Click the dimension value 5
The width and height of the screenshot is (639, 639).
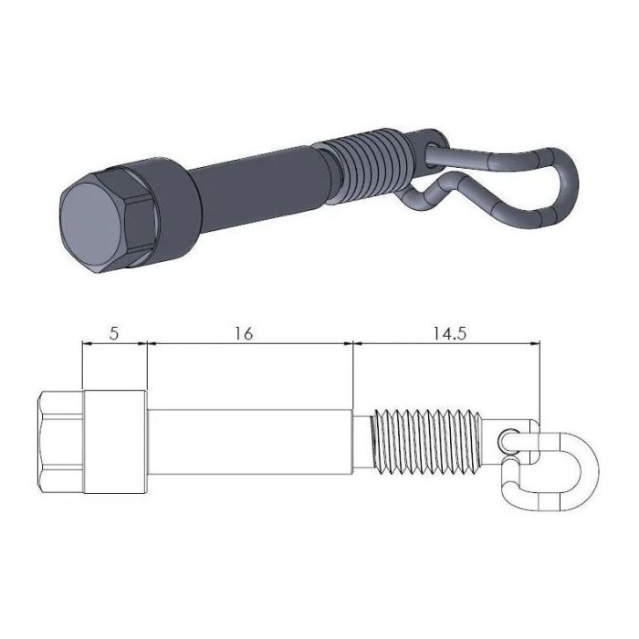[x=113, y=333]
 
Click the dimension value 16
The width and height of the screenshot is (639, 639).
[x=243, y=333]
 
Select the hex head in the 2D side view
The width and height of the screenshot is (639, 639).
[x=60, y=438]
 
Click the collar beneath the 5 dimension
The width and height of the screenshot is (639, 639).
[x=115, y=438]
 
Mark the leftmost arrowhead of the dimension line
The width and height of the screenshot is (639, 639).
[x=87, y=344]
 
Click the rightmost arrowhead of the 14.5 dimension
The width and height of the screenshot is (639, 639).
[x=536, y=344]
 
